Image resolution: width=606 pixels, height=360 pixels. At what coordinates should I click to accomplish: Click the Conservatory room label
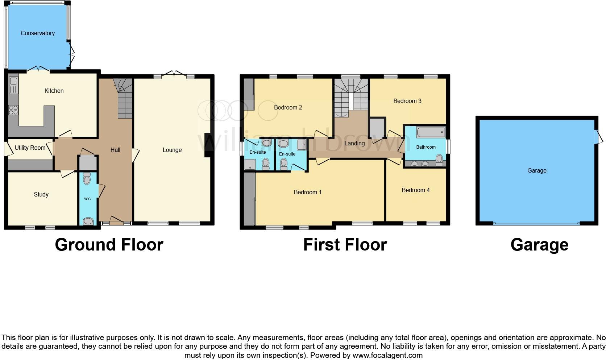pos(37,33)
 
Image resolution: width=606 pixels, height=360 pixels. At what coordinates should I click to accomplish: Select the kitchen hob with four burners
pos(13,110)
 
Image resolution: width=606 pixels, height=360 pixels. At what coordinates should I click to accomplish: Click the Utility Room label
pos(30,148)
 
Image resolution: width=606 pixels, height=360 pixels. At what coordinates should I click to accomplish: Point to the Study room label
pos(41,194)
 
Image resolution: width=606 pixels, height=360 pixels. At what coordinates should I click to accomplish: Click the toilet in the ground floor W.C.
pos(87,178)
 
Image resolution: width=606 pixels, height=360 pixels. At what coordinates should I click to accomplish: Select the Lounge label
pos(172,150)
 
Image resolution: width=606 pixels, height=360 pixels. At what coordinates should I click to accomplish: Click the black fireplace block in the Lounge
pos(209,145)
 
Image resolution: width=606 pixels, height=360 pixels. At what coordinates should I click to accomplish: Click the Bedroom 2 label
pos(288,107)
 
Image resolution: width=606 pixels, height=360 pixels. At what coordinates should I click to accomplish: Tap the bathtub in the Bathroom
pos(430,132)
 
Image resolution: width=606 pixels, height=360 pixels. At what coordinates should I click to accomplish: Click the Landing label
pos(354,143)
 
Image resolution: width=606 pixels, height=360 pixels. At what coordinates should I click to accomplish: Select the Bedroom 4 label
pos(415,190)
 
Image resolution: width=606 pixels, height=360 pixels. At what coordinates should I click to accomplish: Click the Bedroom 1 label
pos(307,192)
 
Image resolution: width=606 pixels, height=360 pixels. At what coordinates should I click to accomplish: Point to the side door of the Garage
pos(599,137)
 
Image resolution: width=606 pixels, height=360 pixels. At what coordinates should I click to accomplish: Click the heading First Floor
pos(345,245)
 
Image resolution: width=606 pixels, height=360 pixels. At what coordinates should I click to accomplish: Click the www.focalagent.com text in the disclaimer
pos(387,355)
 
